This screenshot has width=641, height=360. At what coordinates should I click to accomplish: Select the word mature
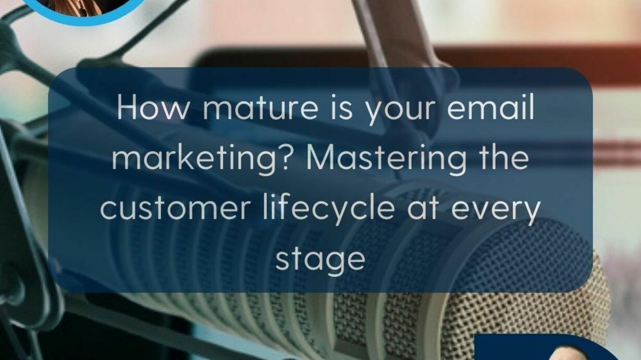(x=260, y=109)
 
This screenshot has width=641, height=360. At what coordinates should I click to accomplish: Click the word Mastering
(x=387, y=159)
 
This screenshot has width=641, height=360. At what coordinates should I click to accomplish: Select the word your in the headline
(x=401, y=111)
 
